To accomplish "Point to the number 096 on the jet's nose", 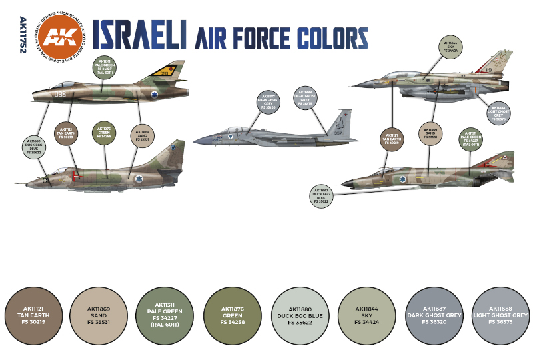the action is click(x=60, y=95).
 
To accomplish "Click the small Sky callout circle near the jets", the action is click(x=451, y=47).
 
